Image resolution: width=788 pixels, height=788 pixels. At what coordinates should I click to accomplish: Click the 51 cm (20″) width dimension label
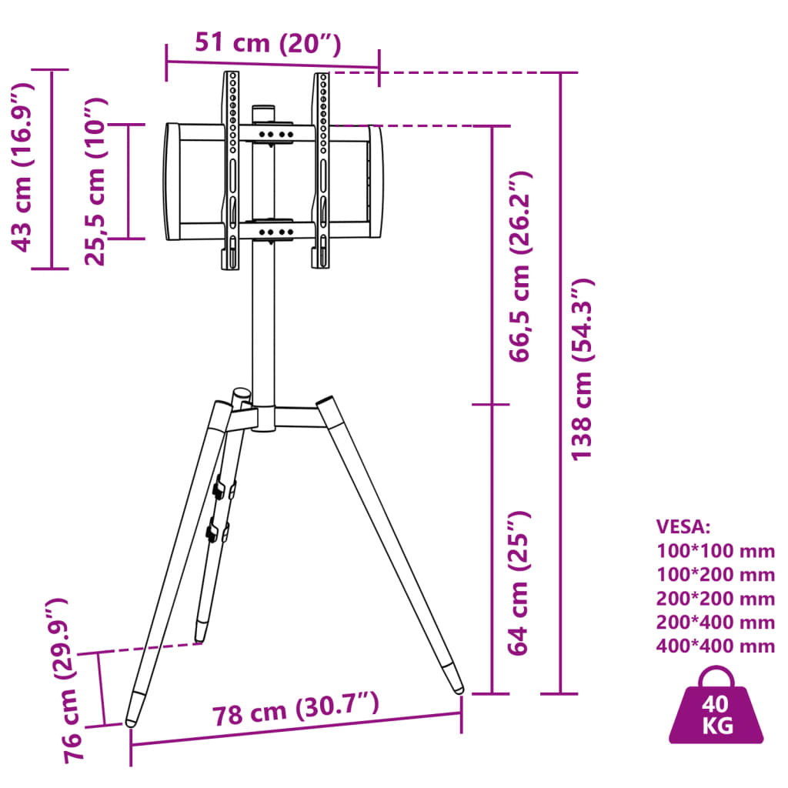click(x=267, y=43)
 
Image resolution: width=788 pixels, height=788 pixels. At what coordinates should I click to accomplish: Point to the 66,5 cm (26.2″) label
click(x=521, y=267)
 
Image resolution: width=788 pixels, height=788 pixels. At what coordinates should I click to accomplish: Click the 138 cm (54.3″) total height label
click(x=583, y=369)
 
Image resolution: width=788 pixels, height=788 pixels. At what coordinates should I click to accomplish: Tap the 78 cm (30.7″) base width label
click(x=295, y=713)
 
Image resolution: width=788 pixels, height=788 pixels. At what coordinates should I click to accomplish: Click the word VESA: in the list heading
click(x=683, y=526)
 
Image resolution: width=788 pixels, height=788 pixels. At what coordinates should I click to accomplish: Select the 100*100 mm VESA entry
click(x=716, y=551)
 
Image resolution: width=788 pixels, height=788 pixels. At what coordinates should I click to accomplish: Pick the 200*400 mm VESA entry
click(x=716, y=622)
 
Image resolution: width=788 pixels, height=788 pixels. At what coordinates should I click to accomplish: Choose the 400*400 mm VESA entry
click(x=716, y=646)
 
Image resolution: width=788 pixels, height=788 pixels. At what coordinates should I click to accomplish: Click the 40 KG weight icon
click(x=716, y=709)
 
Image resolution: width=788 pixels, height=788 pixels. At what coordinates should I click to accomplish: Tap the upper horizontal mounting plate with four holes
click(x=275, y=134)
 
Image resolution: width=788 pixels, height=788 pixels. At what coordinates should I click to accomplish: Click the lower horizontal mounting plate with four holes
click(x=275, y=230)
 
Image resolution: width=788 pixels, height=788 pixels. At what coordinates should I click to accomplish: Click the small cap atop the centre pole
click(x=264, y=112)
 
